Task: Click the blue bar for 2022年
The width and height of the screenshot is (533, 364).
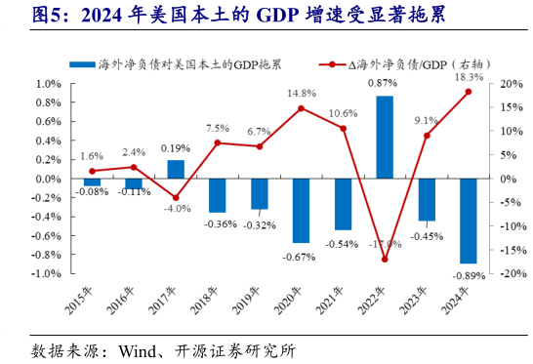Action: (x=385, y=138)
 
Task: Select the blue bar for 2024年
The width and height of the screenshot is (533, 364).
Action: (x=469, y=221)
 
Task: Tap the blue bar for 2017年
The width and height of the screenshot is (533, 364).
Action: (x=176, y=170)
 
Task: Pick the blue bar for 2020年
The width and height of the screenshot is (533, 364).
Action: (x=301, y=211)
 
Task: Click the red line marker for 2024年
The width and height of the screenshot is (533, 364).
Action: (x=469, y=92)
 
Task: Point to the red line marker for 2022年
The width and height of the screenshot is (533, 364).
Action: (x=385, y=260)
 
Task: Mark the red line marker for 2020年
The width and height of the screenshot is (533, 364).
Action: (x=301, y=108)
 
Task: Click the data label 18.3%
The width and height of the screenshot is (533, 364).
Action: (x=469, y=77)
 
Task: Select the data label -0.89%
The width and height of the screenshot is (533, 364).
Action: (x=470, y=277)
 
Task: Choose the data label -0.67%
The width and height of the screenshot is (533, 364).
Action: (x=301, y=257)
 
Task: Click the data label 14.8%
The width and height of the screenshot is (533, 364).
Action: (x=301, y=94)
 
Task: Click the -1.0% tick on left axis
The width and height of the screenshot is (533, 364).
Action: (x=46, y=274)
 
